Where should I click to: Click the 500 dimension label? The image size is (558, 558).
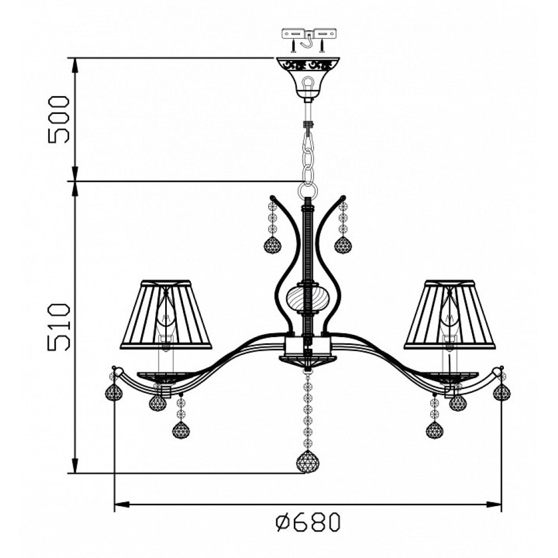click(59, 119)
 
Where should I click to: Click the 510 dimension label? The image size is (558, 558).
click(59, 327)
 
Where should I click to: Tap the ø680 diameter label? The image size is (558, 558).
click(308, 522)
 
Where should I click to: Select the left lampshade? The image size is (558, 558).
click(166, 314)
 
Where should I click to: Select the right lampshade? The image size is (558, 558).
click(450, 314)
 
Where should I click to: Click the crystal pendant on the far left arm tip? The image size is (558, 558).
click(114, 392)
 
